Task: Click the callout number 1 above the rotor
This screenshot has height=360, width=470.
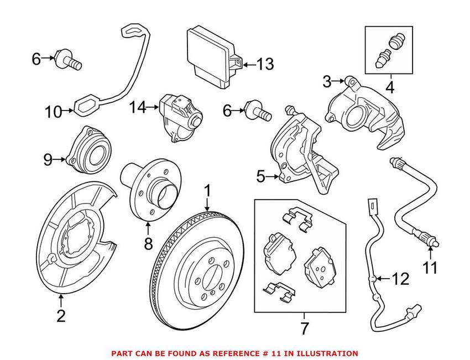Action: [x=207, y=191]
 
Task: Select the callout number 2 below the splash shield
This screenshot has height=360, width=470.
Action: [x=61, y=316]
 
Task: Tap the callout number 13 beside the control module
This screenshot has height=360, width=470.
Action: [x=264, y=65]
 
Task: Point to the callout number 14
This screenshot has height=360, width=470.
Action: [x=140, y=107]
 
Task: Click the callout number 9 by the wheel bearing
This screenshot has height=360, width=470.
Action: [x=48, y=160]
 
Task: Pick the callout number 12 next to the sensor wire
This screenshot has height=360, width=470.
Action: [x=401, y=279]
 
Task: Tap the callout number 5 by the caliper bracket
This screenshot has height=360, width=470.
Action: [x=261, y=177]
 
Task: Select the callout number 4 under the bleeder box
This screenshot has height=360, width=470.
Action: [x=390, y=87]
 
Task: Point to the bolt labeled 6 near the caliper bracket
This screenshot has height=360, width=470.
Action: [x=259, y=111]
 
